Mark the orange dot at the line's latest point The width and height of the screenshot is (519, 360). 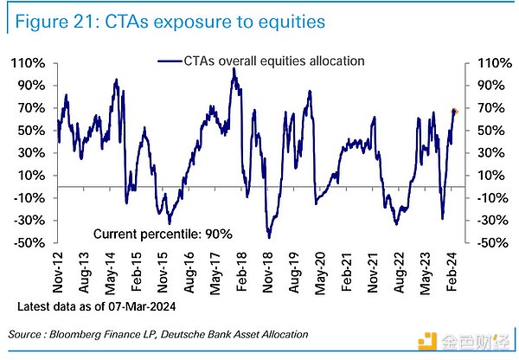(455, 111)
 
